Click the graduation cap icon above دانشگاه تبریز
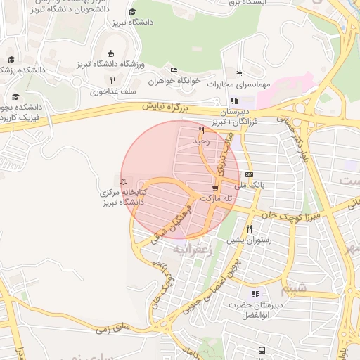pos(133,12)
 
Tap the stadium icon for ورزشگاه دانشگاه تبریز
pos(110,53)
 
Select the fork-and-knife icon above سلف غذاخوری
pos(112,81)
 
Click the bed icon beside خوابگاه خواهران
pos(174,70)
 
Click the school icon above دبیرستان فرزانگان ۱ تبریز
pos(234,101)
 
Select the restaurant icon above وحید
pos(201,131)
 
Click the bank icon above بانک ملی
pos(249,174)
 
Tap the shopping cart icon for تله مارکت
pos(215,188)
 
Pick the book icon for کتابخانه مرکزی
pos(124,181)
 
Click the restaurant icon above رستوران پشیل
pos(249,229)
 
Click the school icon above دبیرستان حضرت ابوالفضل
pos(255,295)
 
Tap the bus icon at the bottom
pos(262,349)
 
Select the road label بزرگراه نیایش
pos(167,108)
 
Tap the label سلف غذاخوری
pos(108,91)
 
